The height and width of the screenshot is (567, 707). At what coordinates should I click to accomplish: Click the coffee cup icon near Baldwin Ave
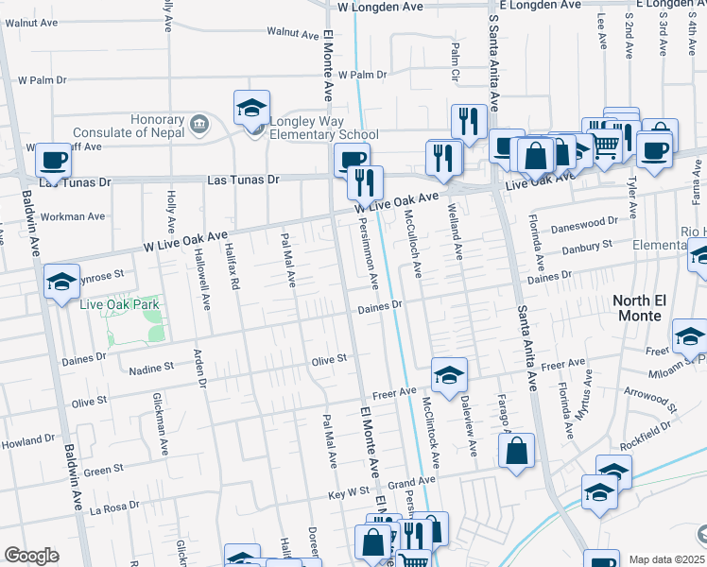(x=54, y=161)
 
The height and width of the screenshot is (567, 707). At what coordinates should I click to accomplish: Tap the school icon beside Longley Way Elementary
(x=252, y=109)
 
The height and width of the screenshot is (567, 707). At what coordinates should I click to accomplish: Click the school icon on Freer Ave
(x=449, y=375)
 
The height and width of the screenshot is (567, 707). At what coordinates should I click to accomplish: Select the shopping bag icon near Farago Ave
(x=516, y=453)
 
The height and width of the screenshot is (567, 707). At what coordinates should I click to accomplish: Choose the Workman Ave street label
(x=75, y=216)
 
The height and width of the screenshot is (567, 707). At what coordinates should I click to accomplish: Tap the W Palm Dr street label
(x=355, y=74)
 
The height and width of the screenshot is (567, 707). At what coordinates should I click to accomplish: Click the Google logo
(x=31, y=556)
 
